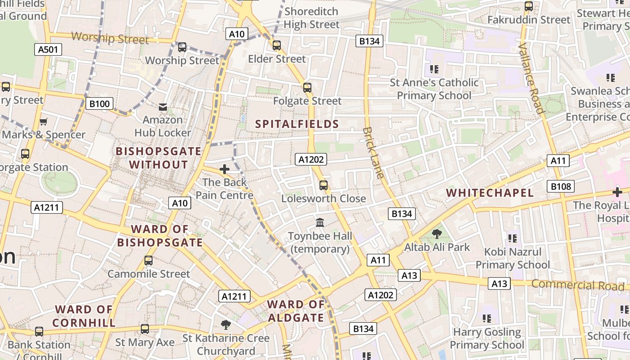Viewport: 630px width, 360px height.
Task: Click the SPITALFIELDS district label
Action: (x=297, y=124)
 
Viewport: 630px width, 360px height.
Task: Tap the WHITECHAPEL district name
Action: (x=490, y=193)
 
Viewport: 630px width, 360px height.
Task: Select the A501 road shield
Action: (x=48, y=49)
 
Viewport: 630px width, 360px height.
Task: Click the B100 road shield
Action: (x=99, y=104)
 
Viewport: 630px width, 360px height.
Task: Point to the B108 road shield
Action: (x=561, y=186)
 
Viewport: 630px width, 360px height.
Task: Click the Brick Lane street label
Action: (x=373, y=153)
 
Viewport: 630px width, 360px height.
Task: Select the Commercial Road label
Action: (x=578, y=285)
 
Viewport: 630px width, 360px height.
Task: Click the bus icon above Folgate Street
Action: (x=307, y=88)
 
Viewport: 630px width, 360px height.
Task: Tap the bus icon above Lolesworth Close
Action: (x=323, y=185)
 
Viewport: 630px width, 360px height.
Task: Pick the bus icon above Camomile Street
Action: (x=148, y=261)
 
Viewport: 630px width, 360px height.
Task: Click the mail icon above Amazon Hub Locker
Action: (x=162, y=107)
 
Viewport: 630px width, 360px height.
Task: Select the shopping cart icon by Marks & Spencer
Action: (x=44, y=121)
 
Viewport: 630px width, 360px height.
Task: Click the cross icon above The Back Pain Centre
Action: (x=224, y=169)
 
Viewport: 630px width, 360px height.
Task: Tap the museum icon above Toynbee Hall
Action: (x=320, y=222)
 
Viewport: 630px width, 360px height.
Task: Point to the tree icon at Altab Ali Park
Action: (x=436, y=234)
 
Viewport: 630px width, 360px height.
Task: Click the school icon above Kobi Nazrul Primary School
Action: (x=513, y=238)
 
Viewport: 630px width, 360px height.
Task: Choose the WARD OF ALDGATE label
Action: (x=296, y=311)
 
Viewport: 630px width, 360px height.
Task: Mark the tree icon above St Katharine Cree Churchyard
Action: (x=225, y=324)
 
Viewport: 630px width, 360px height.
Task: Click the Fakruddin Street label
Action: (x=529, y=20)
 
